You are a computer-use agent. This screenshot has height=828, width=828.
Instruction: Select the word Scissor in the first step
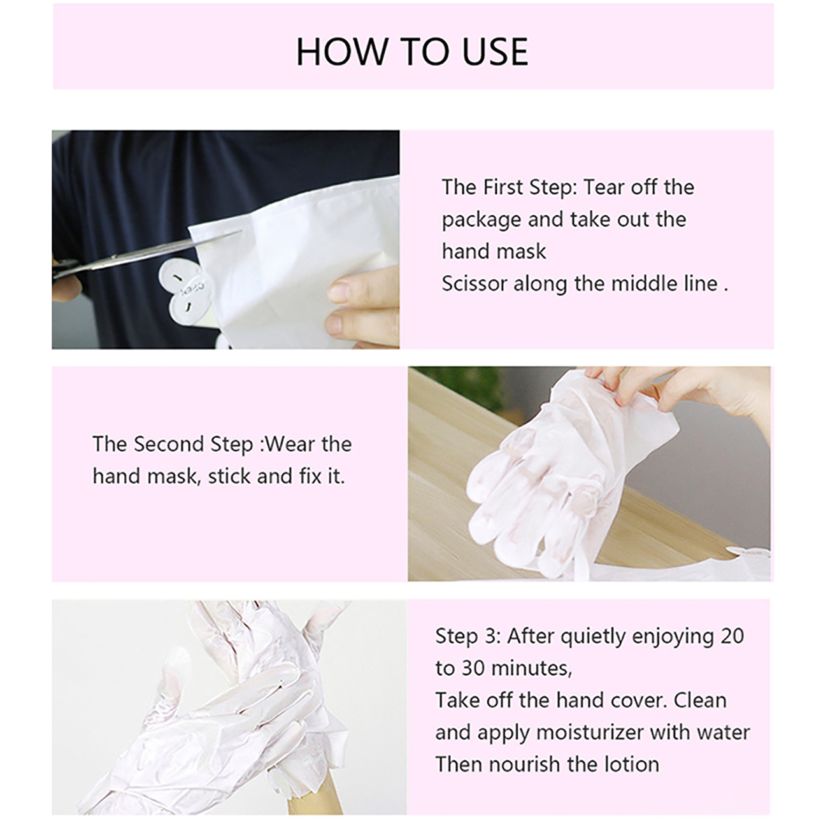pyautogui.click(x=475, y=283)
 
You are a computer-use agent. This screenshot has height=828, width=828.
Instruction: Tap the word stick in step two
pyautogui.click(x=229, y=476)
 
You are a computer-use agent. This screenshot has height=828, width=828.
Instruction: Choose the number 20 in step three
pyautogui.click(x=732, y=636)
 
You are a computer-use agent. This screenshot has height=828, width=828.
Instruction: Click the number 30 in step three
pyautogui.click(x=473, y=668)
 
